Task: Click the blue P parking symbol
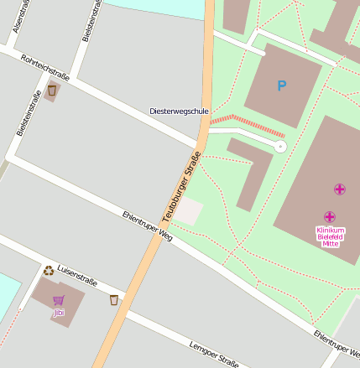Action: tap(281, 85)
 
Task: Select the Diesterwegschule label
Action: tap(178, 111)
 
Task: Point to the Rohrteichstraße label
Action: tap(44, 69)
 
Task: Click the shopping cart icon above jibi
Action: tap(58, 300)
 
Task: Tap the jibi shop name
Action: tap(58, 313)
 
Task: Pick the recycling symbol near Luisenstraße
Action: tap(49, 271)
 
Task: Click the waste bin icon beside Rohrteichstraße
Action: tap(52, 90)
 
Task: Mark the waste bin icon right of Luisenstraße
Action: tap(114, 299)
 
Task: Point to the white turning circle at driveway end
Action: tap(280, 147)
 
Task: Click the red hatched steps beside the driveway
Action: tap(248, 126)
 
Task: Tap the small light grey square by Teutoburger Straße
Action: tap(188, 211)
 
